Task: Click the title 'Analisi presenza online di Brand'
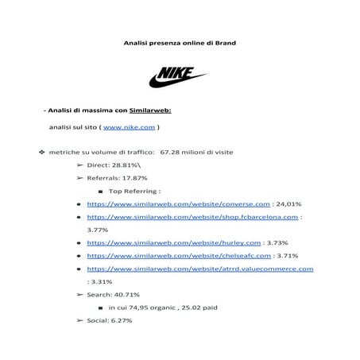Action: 180,42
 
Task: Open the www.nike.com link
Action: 129,127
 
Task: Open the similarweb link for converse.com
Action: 179,203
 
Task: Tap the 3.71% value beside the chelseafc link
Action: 288,256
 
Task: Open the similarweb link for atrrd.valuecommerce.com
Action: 199,269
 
